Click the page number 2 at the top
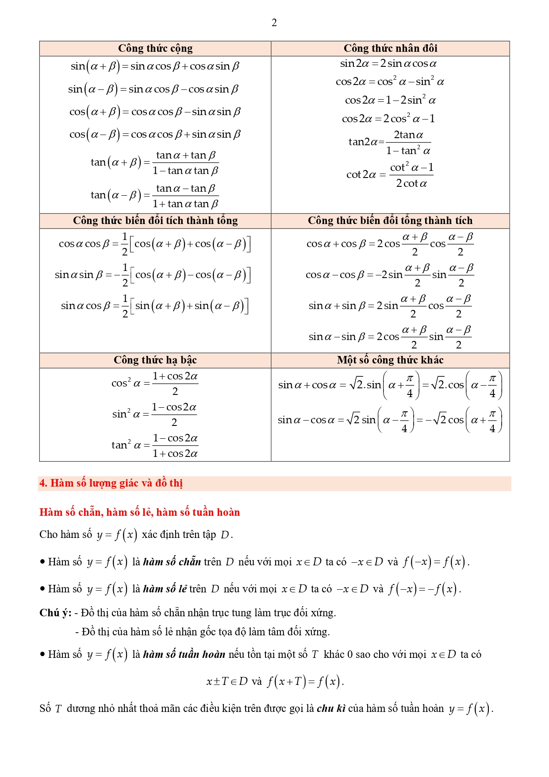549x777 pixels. (x=274, y=23)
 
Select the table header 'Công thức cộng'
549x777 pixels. (x=155, y=48)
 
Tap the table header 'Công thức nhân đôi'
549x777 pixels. (x=390, y=48)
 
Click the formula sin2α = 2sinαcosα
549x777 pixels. (x=388, y=64)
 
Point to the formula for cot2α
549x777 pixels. (x=390, y=175)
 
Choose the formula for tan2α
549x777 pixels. (x=390, y=142)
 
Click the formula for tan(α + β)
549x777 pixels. (x=155, y=162)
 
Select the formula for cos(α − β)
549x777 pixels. (x=155, y=134)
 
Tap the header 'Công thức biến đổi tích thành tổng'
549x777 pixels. (x=155, y=220)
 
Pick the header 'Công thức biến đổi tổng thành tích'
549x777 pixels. (x=390, y=220)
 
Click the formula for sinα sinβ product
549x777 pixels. (x=153, y=274)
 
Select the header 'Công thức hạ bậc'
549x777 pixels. (x=155, y=360)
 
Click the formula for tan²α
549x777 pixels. (x=155, y=445)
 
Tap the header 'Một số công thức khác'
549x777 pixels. (x=390, y=360)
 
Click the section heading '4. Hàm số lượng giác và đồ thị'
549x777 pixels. (x=111, y=483)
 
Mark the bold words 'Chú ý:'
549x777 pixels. (x=55, y=613)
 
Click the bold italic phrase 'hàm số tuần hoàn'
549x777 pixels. (x=184, y=654)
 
